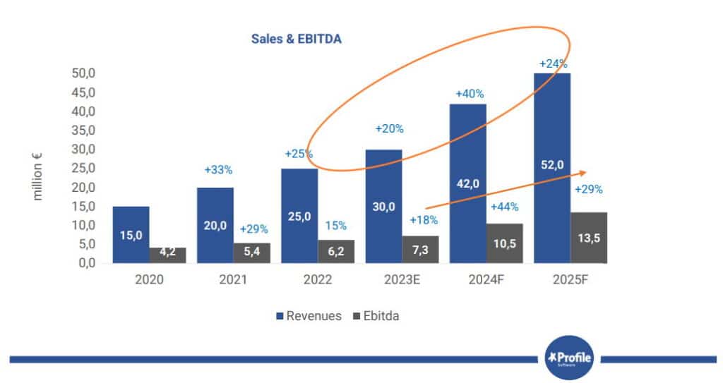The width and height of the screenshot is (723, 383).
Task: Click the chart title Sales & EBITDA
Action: (x=297, y=39)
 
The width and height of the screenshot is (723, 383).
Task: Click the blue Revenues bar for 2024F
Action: (x=468, y=183)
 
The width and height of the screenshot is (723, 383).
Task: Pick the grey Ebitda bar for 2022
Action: (x=336, y=252)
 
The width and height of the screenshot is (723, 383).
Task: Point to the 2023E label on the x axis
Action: (x=402, y=279)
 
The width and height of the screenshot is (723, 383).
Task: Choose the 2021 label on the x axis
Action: (x=233, y=279)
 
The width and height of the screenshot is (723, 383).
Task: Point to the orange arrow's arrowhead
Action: (x=584, y=172)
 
